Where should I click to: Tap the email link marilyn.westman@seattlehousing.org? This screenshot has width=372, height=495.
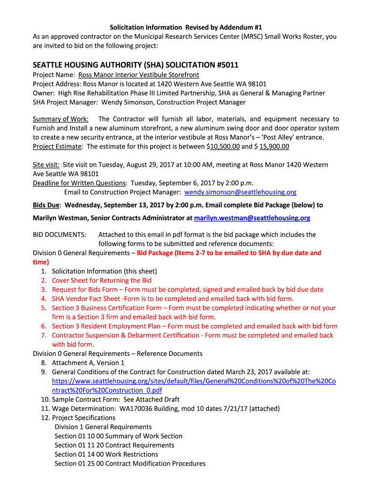coord(252,218)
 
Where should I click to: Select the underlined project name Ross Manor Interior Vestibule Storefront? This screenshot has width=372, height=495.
coord(139,75)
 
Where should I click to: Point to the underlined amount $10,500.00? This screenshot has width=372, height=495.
coord(223,146)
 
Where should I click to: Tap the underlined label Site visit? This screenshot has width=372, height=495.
coord(46,164)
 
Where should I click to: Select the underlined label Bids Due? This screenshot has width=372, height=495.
coord(46,205)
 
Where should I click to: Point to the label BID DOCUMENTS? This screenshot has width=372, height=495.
coord(59,234)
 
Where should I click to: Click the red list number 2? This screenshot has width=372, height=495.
coord(43,280)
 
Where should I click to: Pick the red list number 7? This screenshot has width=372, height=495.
coord(43,335)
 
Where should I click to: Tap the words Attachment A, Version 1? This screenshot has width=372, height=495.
coord(88,363)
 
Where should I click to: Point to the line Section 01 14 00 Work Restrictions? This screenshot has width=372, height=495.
coord(106,454)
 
